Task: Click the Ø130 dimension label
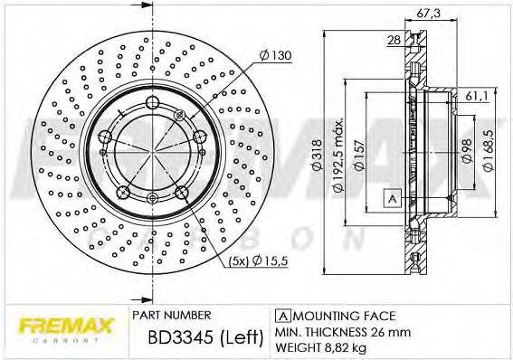[x=275, y=57]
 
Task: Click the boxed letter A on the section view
[x=392, y=199]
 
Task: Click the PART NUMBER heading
[x=172, y=316]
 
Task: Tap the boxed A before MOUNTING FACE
[x=282, y=316]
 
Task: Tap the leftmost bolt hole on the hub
[x=107, y=137]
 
